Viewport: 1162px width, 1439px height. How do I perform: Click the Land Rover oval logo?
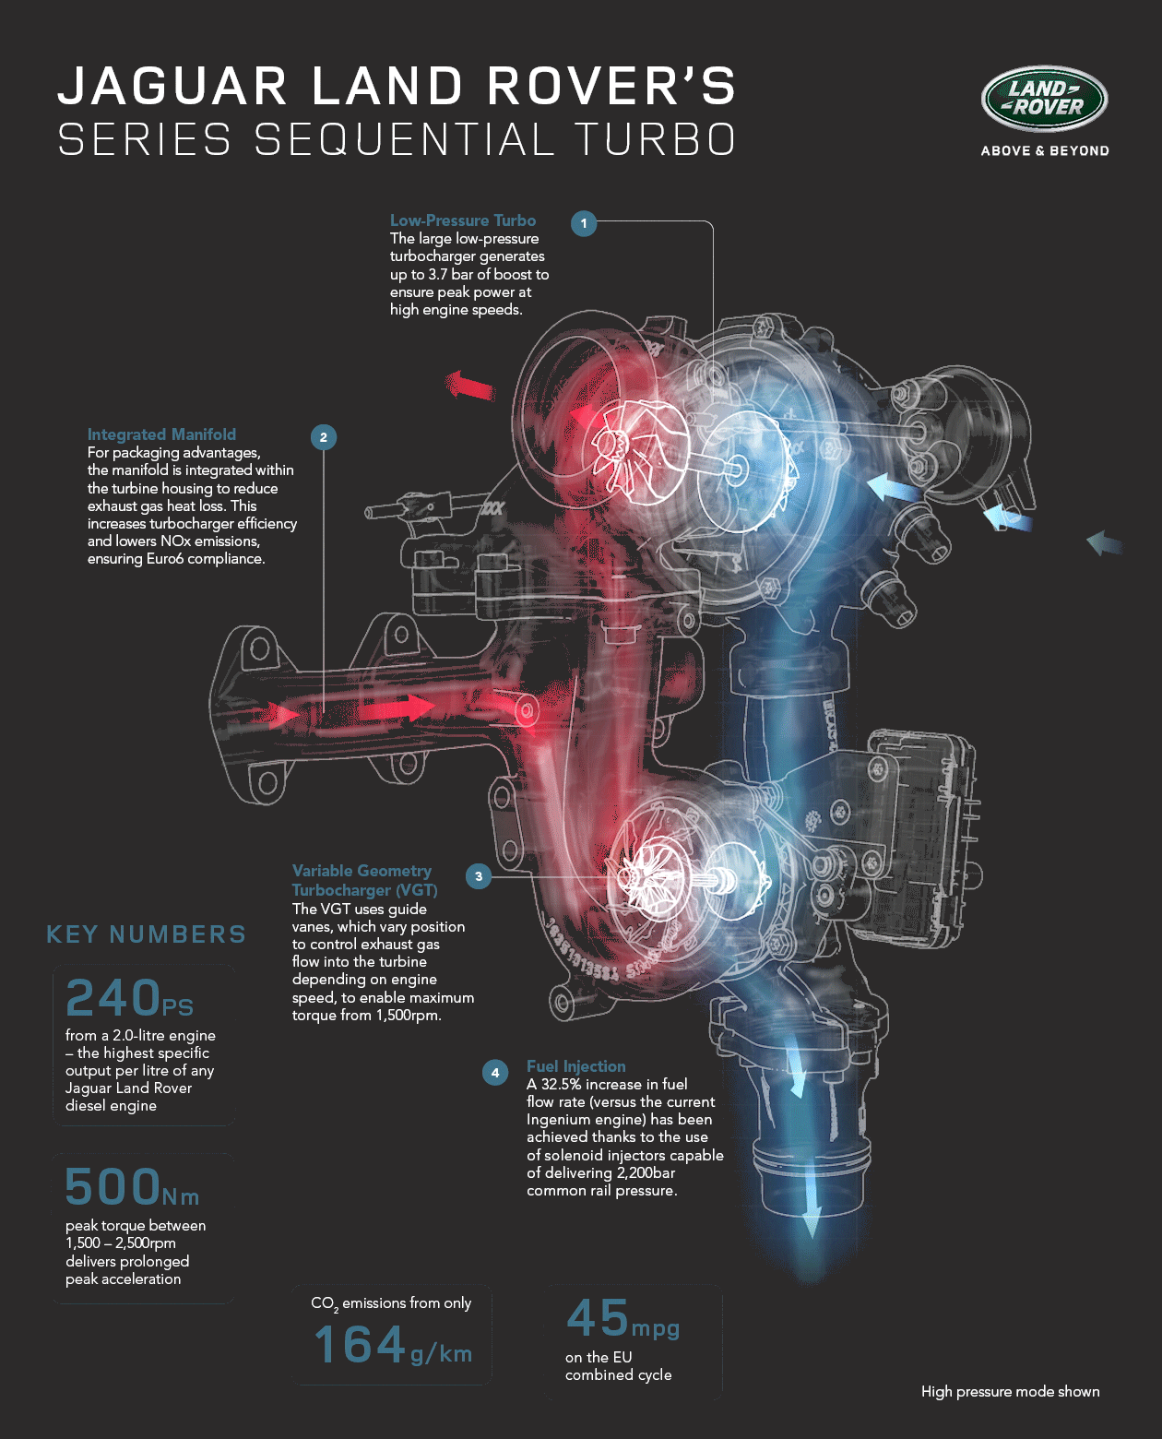click(1044, 99)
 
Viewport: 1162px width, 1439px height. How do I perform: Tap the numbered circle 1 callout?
click(584, 223)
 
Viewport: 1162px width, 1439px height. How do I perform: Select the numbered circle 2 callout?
click(324, 437)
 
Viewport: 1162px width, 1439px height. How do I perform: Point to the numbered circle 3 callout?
click(479, 876)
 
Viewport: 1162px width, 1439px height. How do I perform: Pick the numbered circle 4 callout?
click(495, 1072)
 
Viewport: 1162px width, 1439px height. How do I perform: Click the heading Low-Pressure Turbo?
click(463, 220)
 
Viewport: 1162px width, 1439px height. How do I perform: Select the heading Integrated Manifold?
click(161, 434)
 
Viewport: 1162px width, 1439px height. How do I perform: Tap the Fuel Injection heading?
click(576, 1066)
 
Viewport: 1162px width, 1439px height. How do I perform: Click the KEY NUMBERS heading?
click(146, 934)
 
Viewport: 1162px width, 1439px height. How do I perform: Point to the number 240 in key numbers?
click(113, 997)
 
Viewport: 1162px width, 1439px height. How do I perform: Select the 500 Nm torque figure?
click(132, 1187)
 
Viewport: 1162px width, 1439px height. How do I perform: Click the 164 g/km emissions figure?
click(393, 1344)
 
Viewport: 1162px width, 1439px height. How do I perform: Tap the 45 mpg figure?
click(622, 1318)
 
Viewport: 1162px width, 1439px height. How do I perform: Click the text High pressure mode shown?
click(1010, 1392)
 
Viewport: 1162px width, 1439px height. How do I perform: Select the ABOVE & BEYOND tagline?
click(1045, 150)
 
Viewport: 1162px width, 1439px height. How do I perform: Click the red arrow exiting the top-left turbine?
click(470, 386)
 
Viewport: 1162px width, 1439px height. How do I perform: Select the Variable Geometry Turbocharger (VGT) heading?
click(364, 880)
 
